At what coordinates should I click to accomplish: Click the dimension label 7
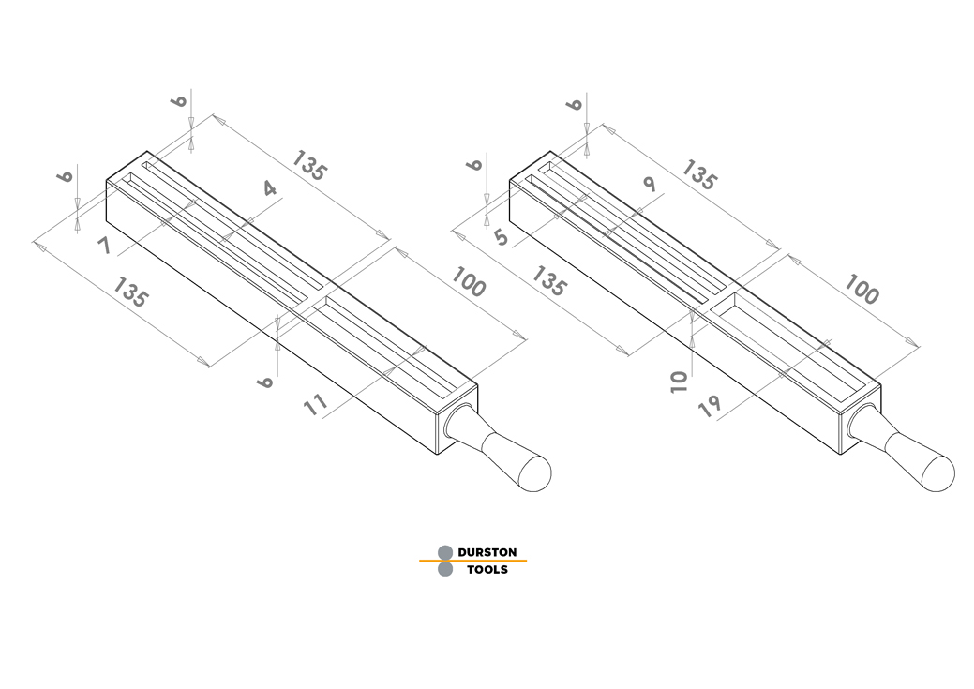104,246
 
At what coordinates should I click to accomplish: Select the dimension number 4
269,188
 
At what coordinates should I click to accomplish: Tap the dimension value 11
316,405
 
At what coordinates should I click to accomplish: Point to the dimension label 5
502,237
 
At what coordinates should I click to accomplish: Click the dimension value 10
680,382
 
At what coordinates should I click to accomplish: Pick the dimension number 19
710,406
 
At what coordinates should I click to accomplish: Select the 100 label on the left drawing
469,282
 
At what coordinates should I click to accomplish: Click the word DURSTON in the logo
487,552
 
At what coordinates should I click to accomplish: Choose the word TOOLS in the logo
487,570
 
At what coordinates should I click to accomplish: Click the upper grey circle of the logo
445,552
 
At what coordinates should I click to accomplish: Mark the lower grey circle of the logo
445,569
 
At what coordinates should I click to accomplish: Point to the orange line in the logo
472,561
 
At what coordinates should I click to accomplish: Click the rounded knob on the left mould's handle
534,473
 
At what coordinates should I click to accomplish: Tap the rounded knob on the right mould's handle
937,473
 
